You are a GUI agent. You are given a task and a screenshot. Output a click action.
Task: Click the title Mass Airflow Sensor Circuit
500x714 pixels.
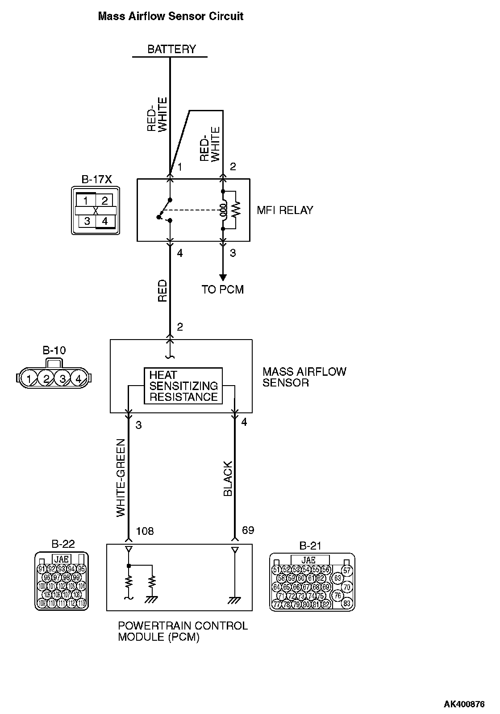(170, 17)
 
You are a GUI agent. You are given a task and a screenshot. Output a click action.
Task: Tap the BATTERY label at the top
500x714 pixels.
(171, 49)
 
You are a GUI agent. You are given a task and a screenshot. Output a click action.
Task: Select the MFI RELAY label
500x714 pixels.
(285, 210)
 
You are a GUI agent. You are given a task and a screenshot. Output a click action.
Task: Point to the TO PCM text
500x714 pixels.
(223, 290)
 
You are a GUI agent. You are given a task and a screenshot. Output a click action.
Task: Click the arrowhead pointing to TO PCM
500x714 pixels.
(223, 277)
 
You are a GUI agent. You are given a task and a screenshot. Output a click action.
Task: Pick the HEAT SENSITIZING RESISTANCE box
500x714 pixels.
(183, 386)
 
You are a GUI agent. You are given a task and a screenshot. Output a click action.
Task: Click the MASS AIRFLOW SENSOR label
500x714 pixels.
(304, 377)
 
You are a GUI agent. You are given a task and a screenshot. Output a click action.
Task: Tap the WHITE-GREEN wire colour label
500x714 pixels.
(121, 478)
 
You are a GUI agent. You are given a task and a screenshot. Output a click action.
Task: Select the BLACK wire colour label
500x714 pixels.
(228, 479)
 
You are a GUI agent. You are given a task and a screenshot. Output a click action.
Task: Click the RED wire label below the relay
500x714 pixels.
(162, 290)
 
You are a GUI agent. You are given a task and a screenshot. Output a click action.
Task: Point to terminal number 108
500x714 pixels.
(145, 531)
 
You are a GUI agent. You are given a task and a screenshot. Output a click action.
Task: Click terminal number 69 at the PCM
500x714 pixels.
(248, 530)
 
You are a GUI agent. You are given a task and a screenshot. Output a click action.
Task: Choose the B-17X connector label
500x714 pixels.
(96, 180)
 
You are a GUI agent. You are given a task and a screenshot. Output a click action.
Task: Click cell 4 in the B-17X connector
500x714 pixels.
(105, 221)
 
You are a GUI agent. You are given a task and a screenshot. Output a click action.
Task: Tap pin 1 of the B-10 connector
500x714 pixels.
(29, 379)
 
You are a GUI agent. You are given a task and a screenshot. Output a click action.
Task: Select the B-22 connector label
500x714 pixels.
(63, 544)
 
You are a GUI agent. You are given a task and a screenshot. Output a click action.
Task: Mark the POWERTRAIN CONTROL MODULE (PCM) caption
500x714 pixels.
(183, 631)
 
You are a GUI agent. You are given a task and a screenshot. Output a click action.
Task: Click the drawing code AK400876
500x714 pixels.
(464, 705)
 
